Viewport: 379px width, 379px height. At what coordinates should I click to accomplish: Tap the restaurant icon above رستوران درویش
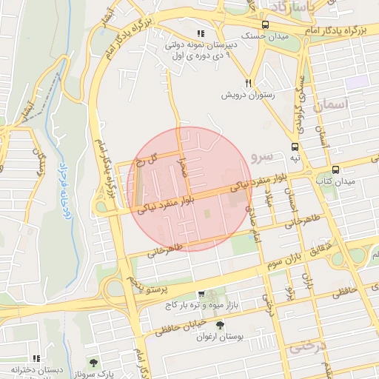pos(249,83)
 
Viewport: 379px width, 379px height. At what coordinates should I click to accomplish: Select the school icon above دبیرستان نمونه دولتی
pos(201,33)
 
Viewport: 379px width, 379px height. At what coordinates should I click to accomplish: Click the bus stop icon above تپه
pos(295,147)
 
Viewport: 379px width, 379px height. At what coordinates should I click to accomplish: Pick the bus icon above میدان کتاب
pos(335,170)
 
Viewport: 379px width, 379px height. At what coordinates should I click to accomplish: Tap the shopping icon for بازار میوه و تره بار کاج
pos(201,294)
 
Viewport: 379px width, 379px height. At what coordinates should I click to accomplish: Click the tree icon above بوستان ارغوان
pos(220,325)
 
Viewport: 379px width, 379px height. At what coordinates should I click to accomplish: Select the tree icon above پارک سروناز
pos(93,362)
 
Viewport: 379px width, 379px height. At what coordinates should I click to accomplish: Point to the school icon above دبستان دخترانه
pos(36,358)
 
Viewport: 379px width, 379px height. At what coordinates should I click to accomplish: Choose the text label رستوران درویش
pos(249,95)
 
